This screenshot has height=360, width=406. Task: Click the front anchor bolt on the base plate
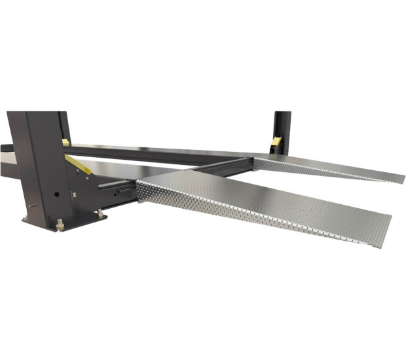(60, 225)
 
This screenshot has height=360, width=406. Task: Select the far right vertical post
(282, 131)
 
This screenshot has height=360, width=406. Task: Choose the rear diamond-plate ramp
(327, 167)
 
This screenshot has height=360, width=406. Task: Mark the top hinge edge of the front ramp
(196, 174)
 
